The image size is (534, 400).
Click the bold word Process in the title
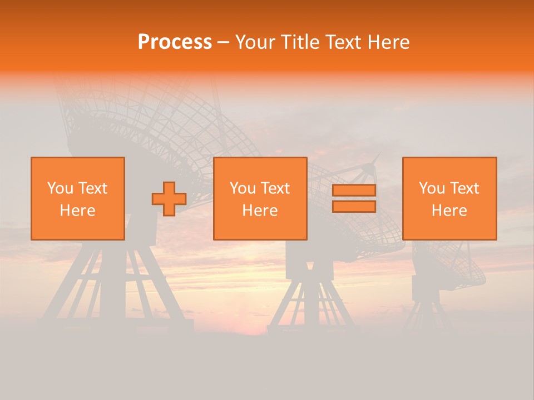click(x=175, y=42)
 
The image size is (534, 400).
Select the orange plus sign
click(x=169, y=199)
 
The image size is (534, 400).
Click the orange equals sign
click(x=354, y=198)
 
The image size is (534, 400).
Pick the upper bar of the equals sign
click(x=354, y=191)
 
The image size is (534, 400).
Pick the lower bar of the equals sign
click(x=354, y=206)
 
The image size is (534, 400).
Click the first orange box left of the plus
click(x=78, y=198)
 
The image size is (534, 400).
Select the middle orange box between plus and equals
click(x=260, y=198)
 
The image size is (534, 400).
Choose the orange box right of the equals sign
click(x=449, y=198)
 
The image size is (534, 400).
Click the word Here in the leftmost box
click(x=78, y=211)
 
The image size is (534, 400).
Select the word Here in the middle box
click(x=260, y=211)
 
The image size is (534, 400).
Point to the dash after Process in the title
click(x=224, y=42)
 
